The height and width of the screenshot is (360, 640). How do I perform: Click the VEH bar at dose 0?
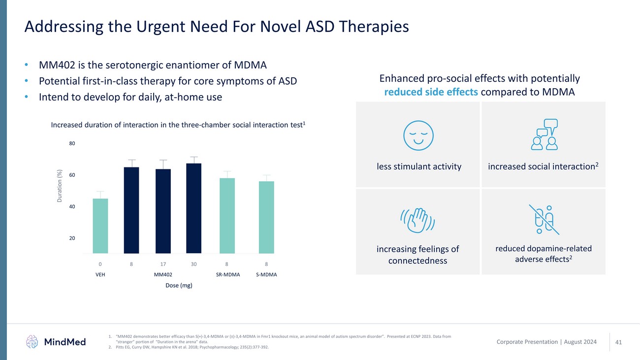pos(100,227)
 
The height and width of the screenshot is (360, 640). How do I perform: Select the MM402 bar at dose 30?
pos(193,209)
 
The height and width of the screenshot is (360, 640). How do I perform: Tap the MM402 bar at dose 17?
pos(163,212)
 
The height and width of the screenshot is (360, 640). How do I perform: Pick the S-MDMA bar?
pos(266,218)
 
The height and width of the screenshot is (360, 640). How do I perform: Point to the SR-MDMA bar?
pos(227,216)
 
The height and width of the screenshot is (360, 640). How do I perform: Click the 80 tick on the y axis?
pos(72,144)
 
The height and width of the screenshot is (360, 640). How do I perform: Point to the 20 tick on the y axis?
pos(72,238)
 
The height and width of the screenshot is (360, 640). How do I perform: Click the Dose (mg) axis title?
pos(178,286)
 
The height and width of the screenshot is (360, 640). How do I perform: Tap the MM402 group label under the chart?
pos(162,275)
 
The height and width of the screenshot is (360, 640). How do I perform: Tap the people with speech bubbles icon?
pos(544,134)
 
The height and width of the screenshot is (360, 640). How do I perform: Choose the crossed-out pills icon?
pos(544,219)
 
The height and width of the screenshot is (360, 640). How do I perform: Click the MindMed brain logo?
pos(33,341)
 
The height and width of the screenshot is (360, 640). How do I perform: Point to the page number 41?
pos(619,342)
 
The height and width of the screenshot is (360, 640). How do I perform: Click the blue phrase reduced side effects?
pos(431,92)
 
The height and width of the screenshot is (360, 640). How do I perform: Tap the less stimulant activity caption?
pos(418,167)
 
